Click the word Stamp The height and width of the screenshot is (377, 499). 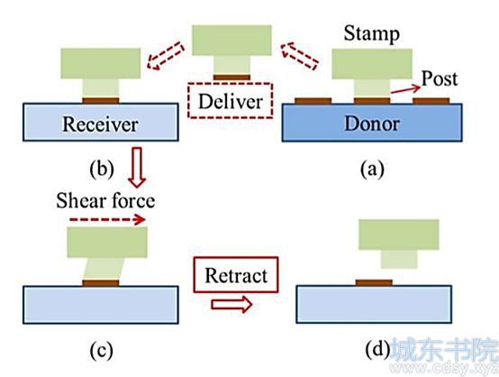371,33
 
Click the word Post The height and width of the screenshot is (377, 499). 440,78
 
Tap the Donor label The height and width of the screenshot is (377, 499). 372,124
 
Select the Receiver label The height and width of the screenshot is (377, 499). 100,124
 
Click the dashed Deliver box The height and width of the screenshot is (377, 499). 230,101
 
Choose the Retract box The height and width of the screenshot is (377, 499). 236,275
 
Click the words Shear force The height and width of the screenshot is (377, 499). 105,201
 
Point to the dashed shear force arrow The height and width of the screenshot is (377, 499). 107,219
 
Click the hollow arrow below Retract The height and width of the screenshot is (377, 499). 231,304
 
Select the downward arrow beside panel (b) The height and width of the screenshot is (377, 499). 137,168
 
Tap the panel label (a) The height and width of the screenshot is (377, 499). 372,170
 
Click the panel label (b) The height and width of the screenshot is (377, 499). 102,170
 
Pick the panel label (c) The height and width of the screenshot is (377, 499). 101,351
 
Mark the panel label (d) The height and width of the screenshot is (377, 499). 377,350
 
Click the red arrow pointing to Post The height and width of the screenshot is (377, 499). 405,89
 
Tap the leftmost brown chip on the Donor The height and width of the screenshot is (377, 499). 313,101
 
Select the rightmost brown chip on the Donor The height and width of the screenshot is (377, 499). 431,101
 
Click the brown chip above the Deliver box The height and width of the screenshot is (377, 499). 231,78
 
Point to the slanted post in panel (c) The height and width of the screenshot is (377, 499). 103,269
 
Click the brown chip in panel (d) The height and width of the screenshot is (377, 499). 374,282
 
